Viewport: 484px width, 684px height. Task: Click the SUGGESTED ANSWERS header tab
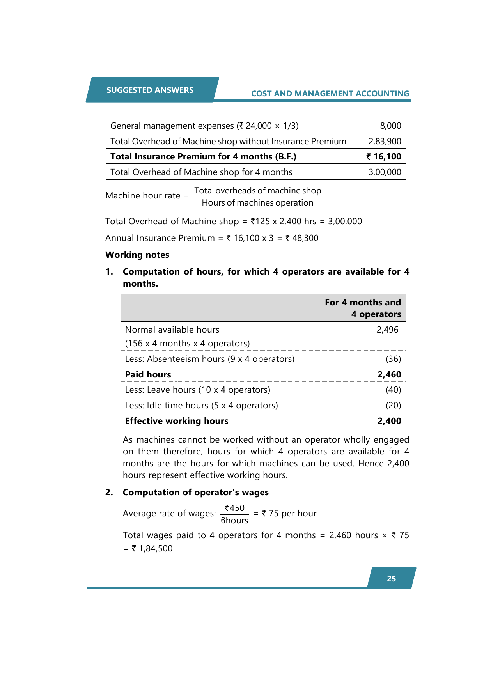[150, 90]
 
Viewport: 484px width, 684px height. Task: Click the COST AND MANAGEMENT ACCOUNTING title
[330, 94]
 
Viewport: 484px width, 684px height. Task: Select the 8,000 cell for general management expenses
[390, 126]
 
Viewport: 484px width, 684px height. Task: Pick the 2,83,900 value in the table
[385, 141]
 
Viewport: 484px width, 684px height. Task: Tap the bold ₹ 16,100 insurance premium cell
[383, 156]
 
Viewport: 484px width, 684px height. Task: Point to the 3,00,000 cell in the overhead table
[385, 172]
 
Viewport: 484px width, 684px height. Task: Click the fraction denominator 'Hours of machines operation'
[257, 203]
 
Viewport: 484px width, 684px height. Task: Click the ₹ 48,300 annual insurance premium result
[302, 238]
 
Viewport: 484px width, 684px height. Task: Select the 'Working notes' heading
[137, 255]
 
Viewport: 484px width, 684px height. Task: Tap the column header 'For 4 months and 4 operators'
[363, 308]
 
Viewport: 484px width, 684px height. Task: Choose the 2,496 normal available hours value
[387, 330]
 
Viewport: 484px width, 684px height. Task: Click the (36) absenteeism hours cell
[393, 359]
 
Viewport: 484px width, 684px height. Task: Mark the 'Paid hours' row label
[148, 374]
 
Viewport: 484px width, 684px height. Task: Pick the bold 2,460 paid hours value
[389, 374]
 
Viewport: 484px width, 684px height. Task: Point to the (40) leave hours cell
[393, 390]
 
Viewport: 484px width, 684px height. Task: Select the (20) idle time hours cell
[393, 405]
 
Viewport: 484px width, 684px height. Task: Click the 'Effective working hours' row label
[177, 421]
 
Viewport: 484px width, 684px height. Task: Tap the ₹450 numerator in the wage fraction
[234, 508]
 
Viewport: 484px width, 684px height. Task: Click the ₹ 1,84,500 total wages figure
[152, 548]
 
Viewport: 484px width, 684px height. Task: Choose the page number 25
[391, 579]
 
